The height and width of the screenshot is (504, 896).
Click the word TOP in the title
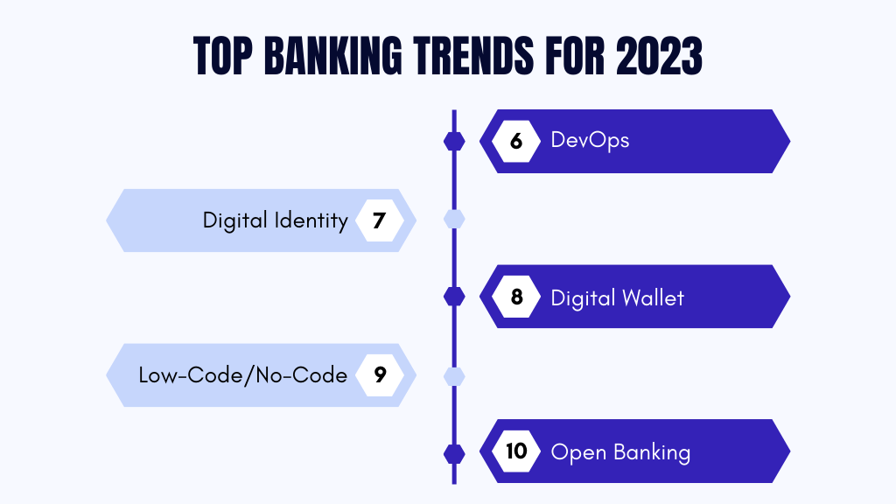coord(223,56)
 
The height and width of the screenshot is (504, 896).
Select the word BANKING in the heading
coord(333,56)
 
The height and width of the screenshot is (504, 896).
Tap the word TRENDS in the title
coord(473,56)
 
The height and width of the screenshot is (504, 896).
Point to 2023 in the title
coord(659,56)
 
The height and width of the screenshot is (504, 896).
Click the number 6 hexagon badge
coord(516,141)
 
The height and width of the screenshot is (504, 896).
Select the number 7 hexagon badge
coord(380,220)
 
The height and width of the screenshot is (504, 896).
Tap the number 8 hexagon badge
coord(516,297)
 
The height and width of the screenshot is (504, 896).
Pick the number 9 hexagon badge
coord(380,374)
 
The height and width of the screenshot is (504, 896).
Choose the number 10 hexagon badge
coord(516,451)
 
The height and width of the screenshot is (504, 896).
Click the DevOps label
coord(590,141)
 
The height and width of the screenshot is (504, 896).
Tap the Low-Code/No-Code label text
coord(243,375)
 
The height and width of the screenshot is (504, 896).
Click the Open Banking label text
coord(620,452)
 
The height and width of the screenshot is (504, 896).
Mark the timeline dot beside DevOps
coord(454,141)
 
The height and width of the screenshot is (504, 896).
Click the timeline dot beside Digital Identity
coord(454,219)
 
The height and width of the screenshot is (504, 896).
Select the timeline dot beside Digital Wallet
coord(454,297)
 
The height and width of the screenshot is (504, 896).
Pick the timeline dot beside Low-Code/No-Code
coord(454,376)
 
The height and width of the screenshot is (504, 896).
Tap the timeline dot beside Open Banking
coord(454,454)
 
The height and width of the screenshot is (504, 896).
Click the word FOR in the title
coord(575,56)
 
